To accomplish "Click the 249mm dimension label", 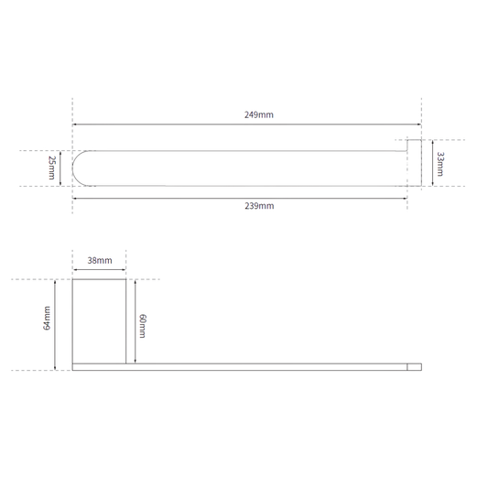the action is (x=258, y=114).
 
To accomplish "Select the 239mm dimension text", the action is (x=259, y=206).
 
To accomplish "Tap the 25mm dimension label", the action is (x=51, y=168).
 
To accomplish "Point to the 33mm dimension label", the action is (x=440, y=164).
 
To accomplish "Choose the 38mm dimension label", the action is (x=100, y=261).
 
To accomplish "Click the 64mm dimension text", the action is (x=47, y=318).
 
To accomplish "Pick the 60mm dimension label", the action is (x=142, y=326).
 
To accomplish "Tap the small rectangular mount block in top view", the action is (x=415, y=163).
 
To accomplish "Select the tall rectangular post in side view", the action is (x=99, y=321).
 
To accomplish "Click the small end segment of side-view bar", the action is (x=415, y=367).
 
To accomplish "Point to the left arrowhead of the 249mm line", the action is (x=74, y=125).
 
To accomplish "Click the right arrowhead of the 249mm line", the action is (x=419, y=125).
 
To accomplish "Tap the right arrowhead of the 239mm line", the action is (x=406, y=198).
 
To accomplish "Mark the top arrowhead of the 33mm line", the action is (x=432, y=142).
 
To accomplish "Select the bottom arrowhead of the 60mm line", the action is (x=136, y=361).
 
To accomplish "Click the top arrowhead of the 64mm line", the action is (x=55, y=282).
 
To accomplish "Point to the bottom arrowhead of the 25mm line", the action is (x=60, y=184).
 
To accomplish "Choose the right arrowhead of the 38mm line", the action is (x=124, y=269).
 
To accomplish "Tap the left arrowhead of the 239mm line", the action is (x=74, y=198).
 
